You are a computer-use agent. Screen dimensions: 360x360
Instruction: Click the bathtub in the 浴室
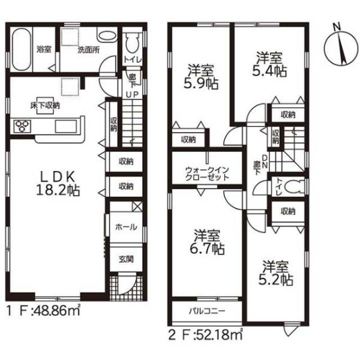[x=22, y=49]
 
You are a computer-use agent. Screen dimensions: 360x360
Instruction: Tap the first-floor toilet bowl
[x=133, y=43]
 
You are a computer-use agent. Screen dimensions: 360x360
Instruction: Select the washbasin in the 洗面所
[x=107, y=37]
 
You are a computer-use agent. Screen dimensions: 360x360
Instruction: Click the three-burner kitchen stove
[x=22, y=126]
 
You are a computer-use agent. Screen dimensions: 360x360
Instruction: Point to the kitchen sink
[x=65, y=126]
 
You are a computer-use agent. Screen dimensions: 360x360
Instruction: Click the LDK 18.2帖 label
[x=58, y=184]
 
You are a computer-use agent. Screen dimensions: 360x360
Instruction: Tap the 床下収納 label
[x=45, y=106]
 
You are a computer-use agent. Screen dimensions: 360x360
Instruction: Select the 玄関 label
[x=126, y=259]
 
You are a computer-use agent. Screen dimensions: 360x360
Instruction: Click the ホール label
[x=126, y=227]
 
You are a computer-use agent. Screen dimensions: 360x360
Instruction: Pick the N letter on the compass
[x=337, y=27]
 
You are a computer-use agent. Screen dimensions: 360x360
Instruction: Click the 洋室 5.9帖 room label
[x=200, y=77]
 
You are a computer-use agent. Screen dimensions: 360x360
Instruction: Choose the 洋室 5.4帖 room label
[x=269, y=64]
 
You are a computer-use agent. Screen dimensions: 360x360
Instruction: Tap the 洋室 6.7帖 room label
[x=207, y=242]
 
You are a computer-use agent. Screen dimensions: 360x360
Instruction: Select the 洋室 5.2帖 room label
[x=275, y=273]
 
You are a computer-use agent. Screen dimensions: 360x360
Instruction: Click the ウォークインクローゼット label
[x=207, y=173]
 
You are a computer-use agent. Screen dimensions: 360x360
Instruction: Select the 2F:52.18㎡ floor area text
[x=206, y=335]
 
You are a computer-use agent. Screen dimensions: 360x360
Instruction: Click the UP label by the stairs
[x=132, y=94]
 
